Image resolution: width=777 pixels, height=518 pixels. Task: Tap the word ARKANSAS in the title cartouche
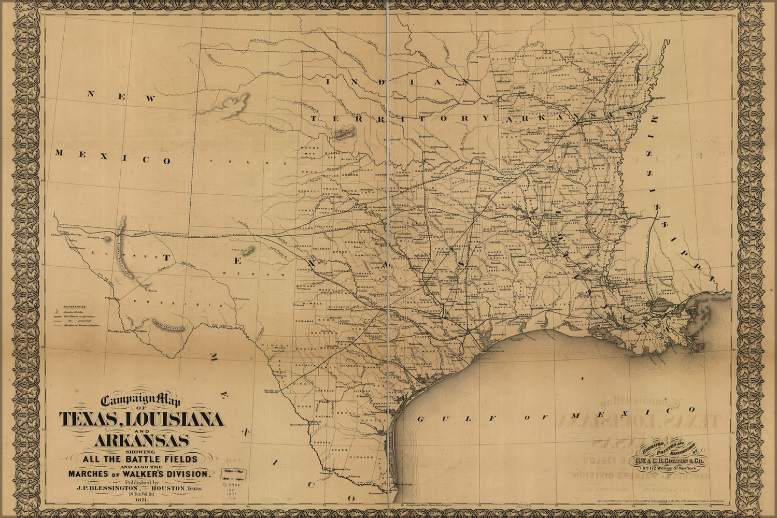[x=141, y=441]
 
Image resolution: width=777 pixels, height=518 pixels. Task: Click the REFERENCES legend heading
[x=74, y=307]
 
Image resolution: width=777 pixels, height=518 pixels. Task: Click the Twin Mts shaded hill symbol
[x=249, y=251]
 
